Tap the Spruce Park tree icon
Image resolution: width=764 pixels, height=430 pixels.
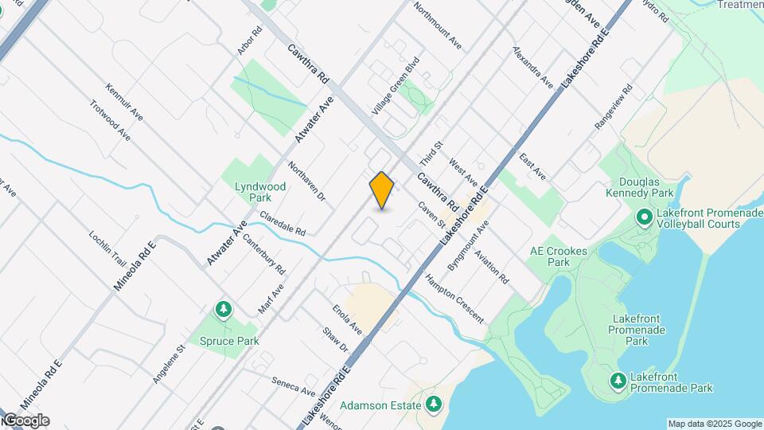click(224, 309)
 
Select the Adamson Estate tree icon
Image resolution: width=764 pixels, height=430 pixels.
click(434, 405)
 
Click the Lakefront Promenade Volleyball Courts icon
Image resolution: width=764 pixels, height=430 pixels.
click(644, 217)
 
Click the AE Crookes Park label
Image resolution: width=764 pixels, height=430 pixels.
click(559, 256)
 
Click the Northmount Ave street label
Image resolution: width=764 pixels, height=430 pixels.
click(438, 24)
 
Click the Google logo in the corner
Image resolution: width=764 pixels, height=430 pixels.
click(26, 420)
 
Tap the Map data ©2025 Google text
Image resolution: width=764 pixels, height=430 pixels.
click(715, 424)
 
